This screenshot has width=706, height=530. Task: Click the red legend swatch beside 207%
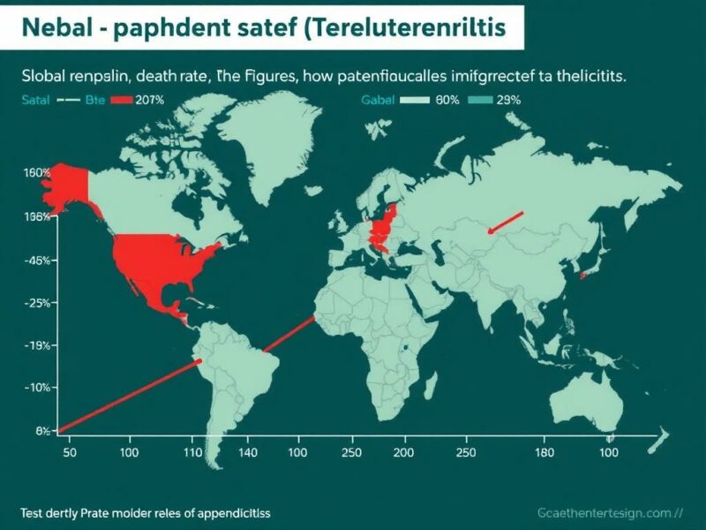pyautogui.click(x=120, y=101)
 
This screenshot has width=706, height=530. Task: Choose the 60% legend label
pyautogui.click(x=448, y=101)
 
